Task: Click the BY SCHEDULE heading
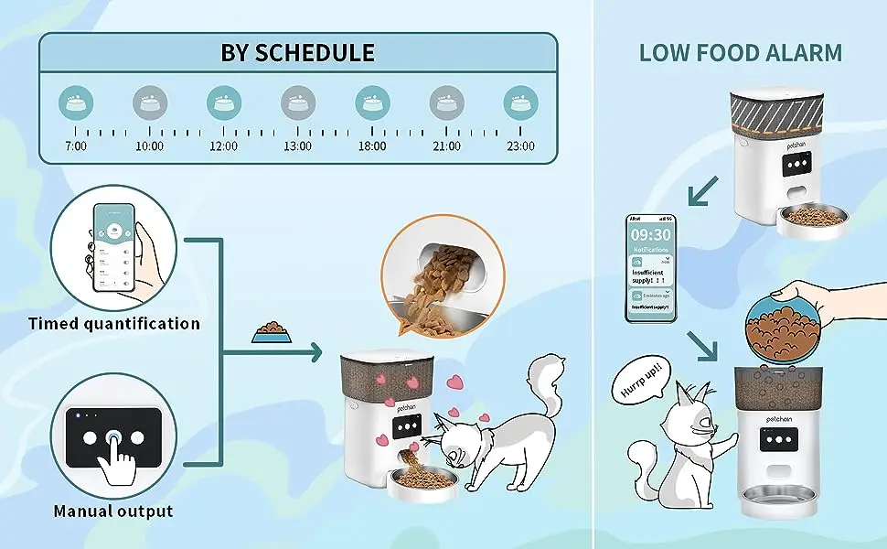click(x=298, y=52)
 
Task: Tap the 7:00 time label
click(x=75, y=145)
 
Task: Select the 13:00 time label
click(x=297, y=145)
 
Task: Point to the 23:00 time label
click(x=520, y=145)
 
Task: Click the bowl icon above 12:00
click(x=223, y=102)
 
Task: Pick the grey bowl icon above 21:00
click(x=446, y=102)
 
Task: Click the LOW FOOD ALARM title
click(x=741, y=52)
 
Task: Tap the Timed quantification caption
click(x=113, y=323)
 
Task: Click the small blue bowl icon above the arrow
click(x=273, y=332)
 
